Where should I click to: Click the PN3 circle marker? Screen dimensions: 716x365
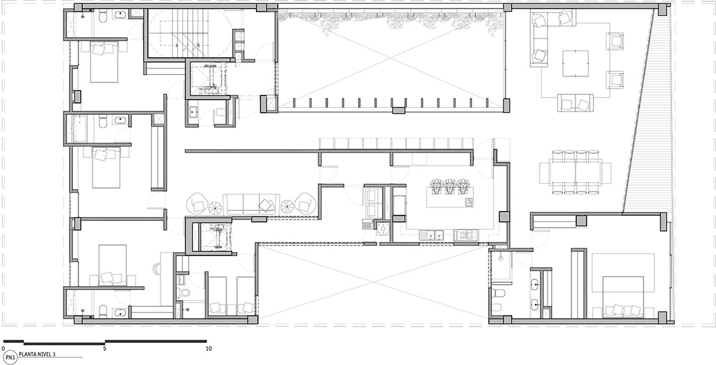point(10,357)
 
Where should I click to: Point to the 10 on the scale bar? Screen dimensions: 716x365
point(209,348)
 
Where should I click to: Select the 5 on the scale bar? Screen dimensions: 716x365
point(105,348)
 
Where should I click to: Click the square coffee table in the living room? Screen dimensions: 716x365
point(575,63)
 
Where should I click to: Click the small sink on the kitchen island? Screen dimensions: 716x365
point(469,202)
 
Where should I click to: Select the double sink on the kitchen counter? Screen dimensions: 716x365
point(432,236)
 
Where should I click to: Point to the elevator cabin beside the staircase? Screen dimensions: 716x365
point(209,78)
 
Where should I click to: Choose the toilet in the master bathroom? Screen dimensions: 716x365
point(497,293)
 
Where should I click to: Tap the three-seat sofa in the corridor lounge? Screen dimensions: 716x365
point(252,204)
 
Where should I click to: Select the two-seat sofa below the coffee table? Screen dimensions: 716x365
point(575,102)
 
